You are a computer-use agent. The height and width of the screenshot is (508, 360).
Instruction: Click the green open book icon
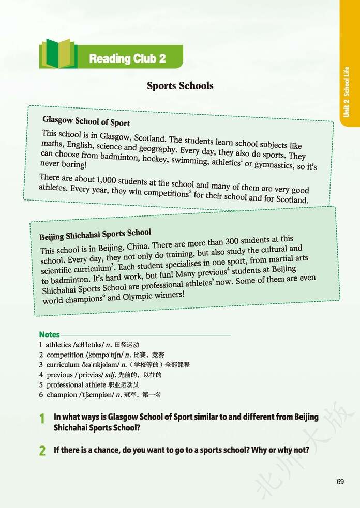[58, 54]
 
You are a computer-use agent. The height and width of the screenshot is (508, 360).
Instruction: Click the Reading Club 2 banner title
[127, 58]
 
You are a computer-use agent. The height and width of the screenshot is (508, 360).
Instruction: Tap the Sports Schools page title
[180, 86]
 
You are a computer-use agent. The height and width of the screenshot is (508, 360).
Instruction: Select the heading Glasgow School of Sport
[86, 121]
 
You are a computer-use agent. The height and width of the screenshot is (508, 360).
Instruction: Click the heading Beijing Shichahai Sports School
[95, 234]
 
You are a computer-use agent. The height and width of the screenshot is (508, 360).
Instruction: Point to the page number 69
[340, 481]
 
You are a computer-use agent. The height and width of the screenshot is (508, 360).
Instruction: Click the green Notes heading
[49, 334]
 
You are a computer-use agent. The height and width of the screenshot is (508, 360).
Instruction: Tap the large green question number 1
[42, 420]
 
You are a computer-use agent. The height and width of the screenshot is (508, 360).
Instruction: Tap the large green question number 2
[42, 451]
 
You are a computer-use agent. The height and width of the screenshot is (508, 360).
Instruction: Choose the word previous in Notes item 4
[59, 375]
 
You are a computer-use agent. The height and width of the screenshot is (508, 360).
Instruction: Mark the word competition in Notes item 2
[65, 355]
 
